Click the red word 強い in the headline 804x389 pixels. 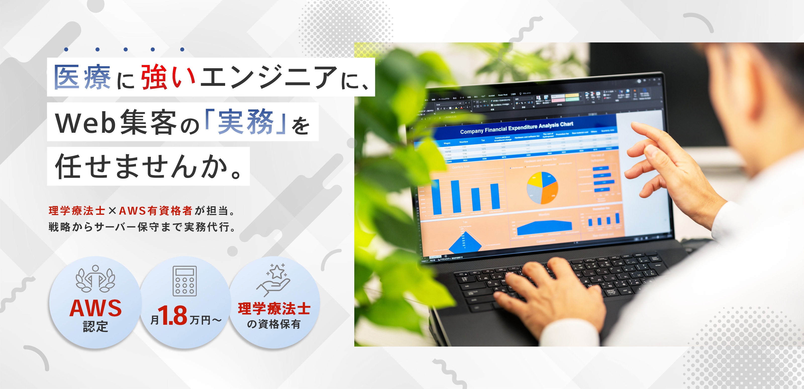tap(168, 77)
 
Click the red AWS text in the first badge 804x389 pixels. tap(95, 308)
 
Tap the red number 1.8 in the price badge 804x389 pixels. tap(173, 315)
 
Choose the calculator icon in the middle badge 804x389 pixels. tap(185, 281)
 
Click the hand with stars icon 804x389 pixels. tap(273, 279)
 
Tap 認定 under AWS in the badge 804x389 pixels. tap(95, 326)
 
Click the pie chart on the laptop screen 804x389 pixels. tap(542, 188)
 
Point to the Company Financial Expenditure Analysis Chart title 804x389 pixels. tap(517, 128)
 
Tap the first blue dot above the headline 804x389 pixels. tap(66, 49)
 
